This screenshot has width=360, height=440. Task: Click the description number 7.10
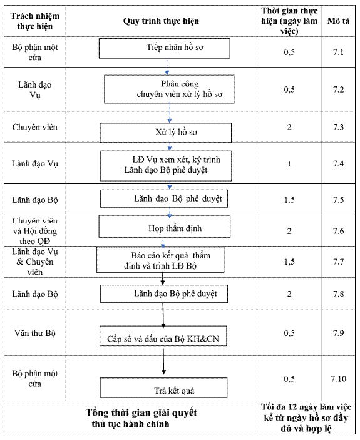pyautogui.click(x=338, y=379)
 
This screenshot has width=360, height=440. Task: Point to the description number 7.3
pyautogui.click(x=338, y=127)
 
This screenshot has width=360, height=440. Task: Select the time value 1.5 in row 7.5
pyautogui.click(x=289, y=200)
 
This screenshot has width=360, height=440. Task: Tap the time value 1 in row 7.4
pyautogui.click(x=289, y=163)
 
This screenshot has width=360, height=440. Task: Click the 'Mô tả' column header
pyautogui.click(x=338, y=21)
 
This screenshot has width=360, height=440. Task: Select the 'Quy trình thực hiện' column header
pyautogui.click(x=161, y=21)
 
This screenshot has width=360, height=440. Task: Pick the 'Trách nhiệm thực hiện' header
pyautogui.click(x=35, y=21)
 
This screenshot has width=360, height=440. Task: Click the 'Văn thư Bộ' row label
pyautogui.click(x=35, y=333)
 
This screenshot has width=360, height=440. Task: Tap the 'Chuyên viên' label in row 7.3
pyautogui.click(x=35, y=127)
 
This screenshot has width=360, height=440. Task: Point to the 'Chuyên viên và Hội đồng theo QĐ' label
pyautogui.click(x=35, y=231)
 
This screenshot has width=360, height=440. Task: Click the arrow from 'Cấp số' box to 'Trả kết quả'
pyautogui.click(x=163, y=361)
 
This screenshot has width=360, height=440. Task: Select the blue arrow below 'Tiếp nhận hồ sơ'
pyautogui.click(x=167, y=67)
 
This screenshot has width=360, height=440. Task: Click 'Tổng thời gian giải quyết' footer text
pyautogui.click(x=141, y=413)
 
